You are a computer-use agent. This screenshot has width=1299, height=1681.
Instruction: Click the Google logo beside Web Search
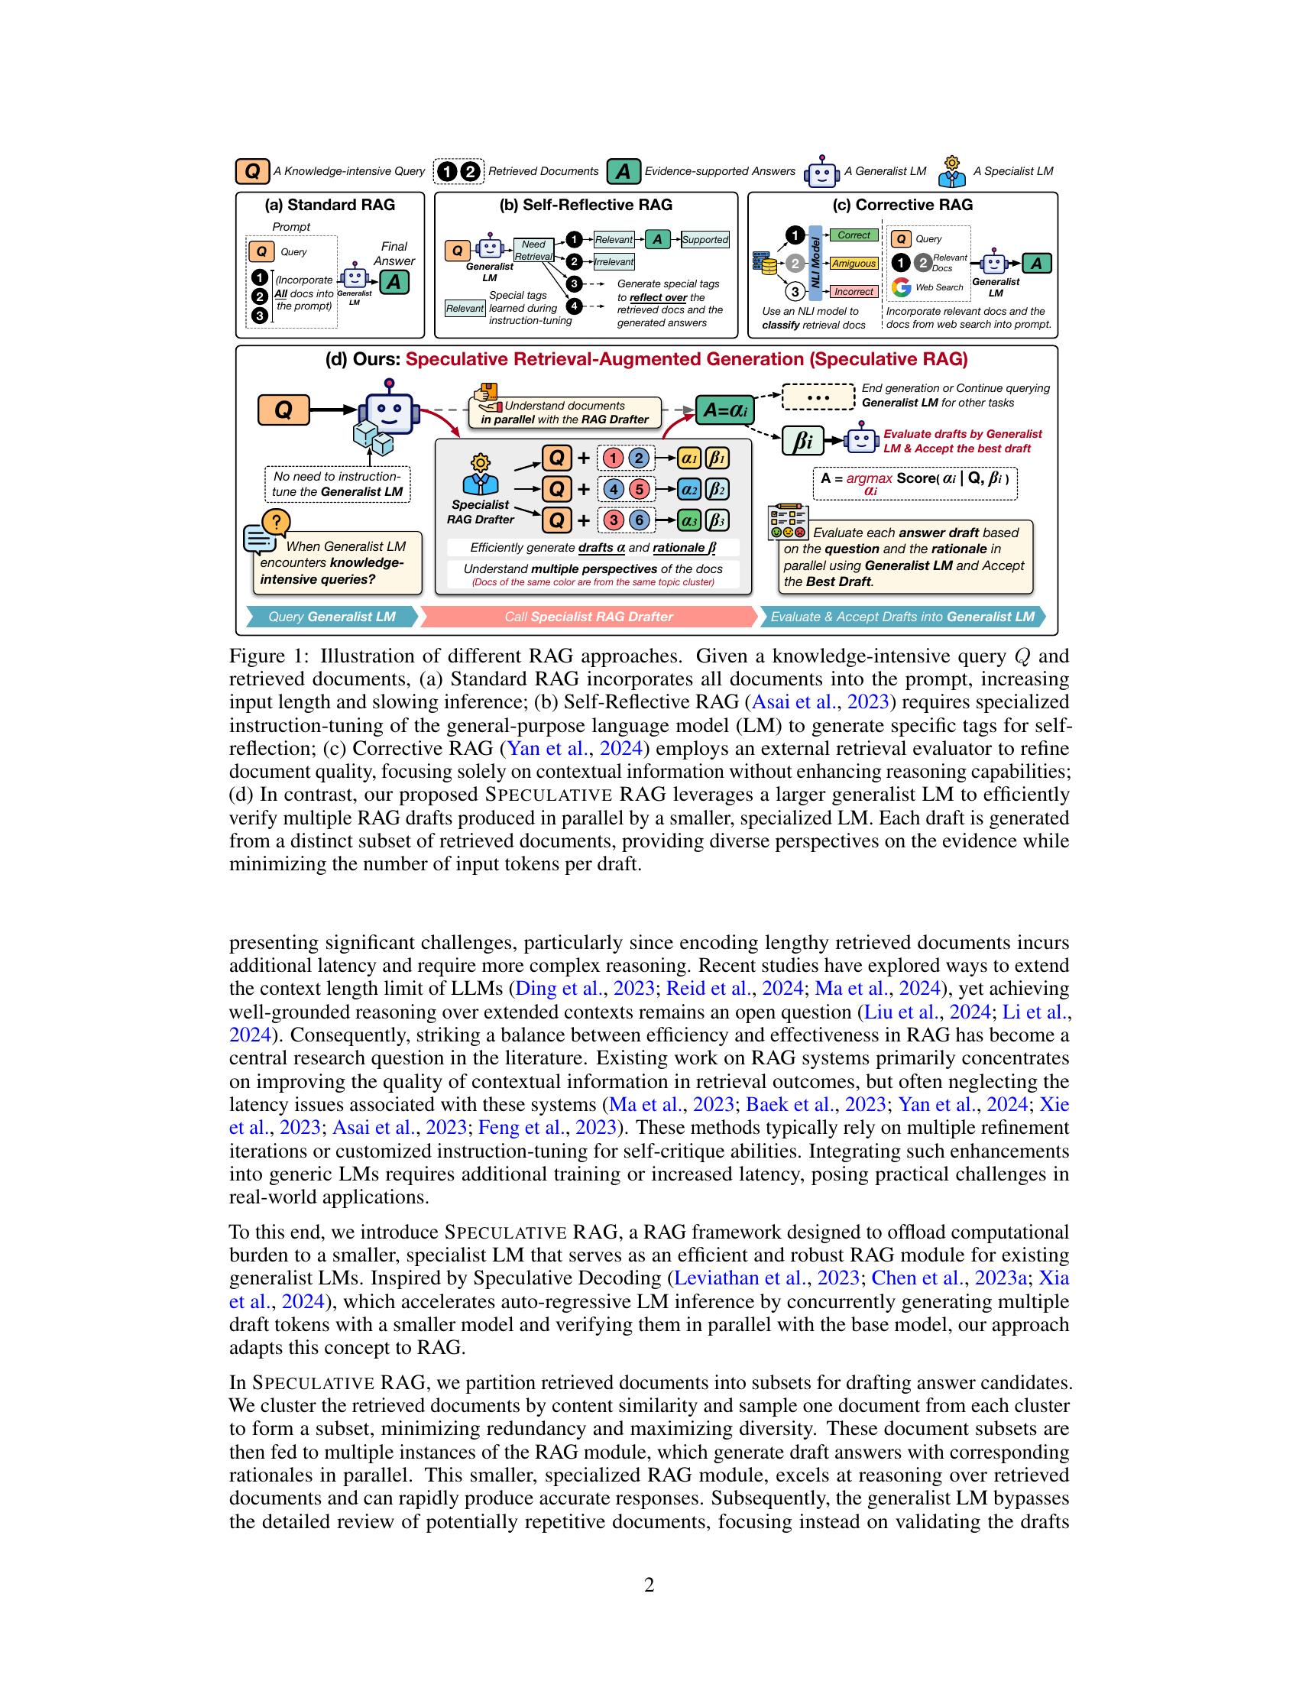coord(901,288)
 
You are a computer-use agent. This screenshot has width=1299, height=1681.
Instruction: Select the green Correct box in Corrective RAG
coord(854,235)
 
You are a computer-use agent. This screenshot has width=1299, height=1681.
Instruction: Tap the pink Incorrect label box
coord(854,292)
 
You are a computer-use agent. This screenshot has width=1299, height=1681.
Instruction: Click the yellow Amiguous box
coord(854,264)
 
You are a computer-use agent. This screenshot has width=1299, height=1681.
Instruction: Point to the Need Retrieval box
coord(533,250)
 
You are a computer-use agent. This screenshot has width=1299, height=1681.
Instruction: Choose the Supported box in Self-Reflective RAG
coord(705,239)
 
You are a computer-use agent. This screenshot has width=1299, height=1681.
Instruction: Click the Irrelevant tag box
coord(614,261)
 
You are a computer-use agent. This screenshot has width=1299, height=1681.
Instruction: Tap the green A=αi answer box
coord(725,411)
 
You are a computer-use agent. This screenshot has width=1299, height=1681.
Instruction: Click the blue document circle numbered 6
coord(639,520)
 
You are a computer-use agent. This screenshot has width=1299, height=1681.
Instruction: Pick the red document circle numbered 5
coord(639,490)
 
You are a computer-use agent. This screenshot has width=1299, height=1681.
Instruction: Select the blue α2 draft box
coord(688,490)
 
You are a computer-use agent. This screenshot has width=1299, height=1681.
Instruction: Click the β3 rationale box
coord(717,520)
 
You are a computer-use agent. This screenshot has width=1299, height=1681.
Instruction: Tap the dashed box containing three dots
coord(818,397)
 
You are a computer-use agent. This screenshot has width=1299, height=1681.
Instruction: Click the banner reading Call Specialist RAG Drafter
coord(588,617)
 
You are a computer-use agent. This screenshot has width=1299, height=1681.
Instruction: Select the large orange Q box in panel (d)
coord(283,410)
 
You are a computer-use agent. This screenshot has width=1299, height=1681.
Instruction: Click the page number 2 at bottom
coord(649,1585)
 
